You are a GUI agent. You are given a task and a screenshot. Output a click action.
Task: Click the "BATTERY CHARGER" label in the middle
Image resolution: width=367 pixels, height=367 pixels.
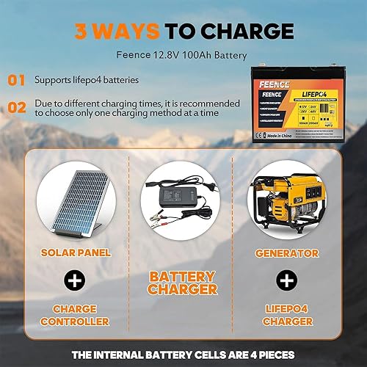(183, 284)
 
